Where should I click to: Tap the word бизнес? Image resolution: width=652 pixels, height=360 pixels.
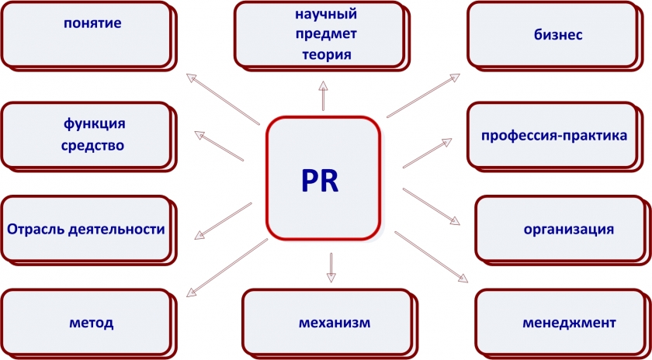pos(558,35)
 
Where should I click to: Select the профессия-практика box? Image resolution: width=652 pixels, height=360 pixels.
pos(554,136)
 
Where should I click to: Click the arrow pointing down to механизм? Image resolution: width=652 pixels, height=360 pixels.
pos(331,266)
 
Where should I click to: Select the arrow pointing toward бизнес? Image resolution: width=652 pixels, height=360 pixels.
pos(424,95)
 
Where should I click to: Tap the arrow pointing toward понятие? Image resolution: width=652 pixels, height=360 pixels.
pos(224,99)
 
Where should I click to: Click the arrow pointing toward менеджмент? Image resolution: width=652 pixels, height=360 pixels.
pos(432,255)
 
